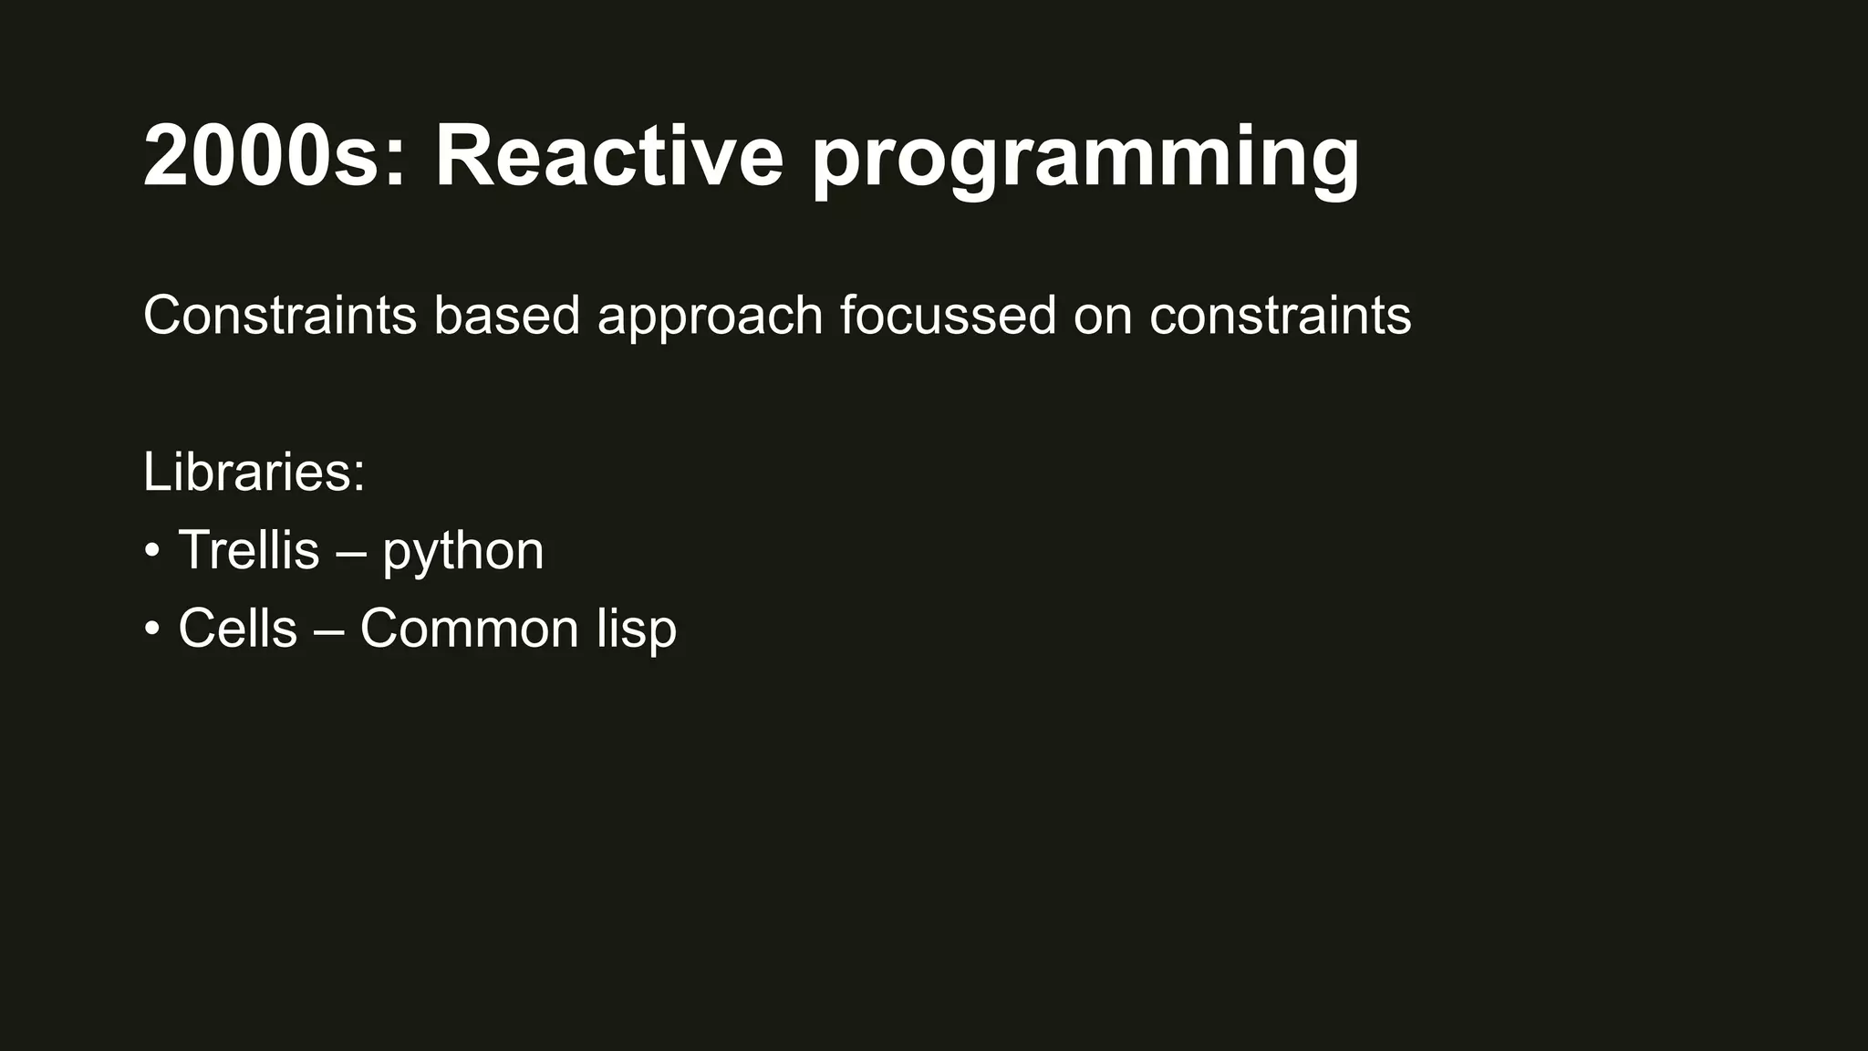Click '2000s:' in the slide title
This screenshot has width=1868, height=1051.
[274, 157]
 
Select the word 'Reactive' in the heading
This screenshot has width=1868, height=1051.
[608, 157]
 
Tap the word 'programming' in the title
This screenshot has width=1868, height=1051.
[1085, 161]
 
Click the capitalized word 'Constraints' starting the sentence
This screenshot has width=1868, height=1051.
[279, 316]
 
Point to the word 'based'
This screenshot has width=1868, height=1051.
[506, 316]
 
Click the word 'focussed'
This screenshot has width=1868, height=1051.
[947, 316]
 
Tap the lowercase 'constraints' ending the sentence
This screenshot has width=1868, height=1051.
[1280, 316]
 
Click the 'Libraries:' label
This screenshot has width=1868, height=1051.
[254, 473]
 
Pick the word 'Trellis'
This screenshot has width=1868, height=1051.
[249, 550]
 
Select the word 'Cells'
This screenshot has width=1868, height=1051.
[237, 629]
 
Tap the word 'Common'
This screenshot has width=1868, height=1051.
[469, 629]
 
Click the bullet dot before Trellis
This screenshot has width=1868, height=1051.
[152, 551]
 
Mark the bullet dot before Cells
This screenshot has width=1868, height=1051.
[152, 630]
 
